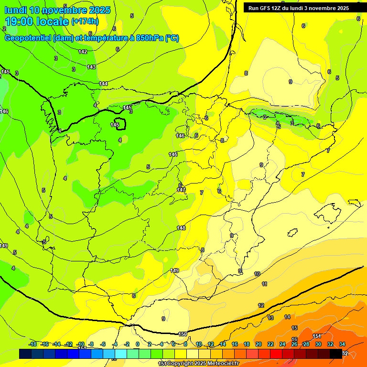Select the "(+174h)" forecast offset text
coord(85,22)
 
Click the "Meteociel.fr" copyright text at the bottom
coord(220,364)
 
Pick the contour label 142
coord(83,52)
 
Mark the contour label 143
coord(91,67)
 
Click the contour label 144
coord(103,84)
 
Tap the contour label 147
coord(181,190)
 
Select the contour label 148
coord(181,228)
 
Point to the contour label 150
coord(183,334)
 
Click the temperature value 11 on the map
coord(264,284)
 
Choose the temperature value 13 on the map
coord(271,318)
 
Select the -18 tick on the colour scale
coord(33,344)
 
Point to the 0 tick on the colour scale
coord(138,344)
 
